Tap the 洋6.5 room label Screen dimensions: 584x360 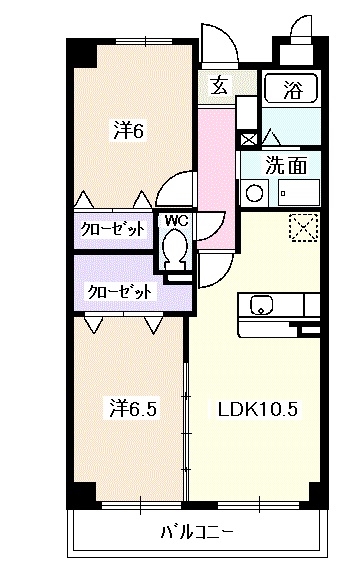(133, 408)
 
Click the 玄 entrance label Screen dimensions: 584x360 (218, 86)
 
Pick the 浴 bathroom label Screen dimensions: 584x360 (291, 87)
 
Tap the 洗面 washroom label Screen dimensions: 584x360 (285, 165)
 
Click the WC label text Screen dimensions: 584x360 (176, 220)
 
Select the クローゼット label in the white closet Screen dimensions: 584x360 (113, 229)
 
